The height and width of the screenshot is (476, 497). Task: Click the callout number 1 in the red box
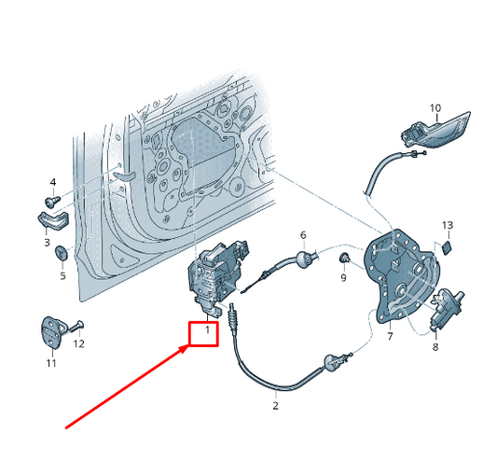pyautogui.click(x=207, y=330)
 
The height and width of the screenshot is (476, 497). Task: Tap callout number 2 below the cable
pyautogui.click(x=275, y=405)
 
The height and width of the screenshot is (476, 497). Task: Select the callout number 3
pyautogui.click(x=47, y=243)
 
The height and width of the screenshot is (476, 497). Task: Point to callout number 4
pyautogui.click(x=53, y=182)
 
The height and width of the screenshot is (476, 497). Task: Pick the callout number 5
pyautogui.click(x=62, y=275)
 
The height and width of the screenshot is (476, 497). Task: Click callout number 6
pyautogui.click(x=303, y=235)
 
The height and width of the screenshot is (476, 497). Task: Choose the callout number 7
pyautogui.click(x=390, y=336)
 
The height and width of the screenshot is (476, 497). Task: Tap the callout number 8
pyautogui.click(x=435, y=346)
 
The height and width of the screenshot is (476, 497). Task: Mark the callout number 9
pyautogui.click(x=343, y=278)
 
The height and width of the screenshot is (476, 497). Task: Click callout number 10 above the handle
pyautogui.click(x=435, y=108)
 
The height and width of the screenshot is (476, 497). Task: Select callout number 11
pyautogui.click(x=51, y=363)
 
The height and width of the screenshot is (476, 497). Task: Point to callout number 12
pyautogui.click(x=79, y=343)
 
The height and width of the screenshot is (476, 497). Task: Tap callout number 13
pyautogui.click(x=448, y=225)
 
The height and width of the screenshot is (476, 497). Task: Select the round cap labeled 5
pyautogui.click(x=62, y=253)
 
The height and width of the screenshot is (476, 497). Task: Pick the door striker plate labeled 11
pyautogui.click(x=53, y=332)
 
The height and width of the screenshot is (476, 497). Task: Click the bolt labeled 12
pyautogui.click(x=76, y=327)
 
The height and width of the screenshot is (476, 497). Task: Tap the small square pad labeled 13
pyautogui.click(x=447, y=248)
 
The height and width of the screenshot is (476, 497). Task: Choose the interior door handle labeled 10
pyautogui.click(x=435, y=131)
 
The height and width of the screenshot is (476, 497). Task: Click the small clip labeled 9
pyautogui.click(x=344, y=258)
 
